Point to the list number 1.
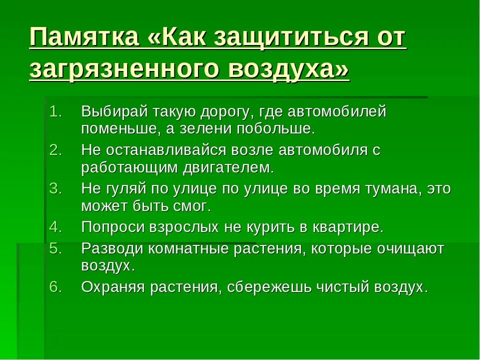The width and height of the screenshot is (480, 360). pos(55,111)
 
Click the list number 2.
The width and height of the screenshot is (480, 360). pos(55,150)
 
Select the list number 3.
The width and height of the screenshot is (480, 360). pos(55,188)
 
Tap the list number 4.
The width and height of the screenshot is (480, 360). pos(55,227)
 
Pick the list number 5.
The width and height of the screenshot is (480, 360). pos(55,248)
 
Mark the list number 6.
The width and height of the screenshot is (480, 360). pos(55,287)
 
